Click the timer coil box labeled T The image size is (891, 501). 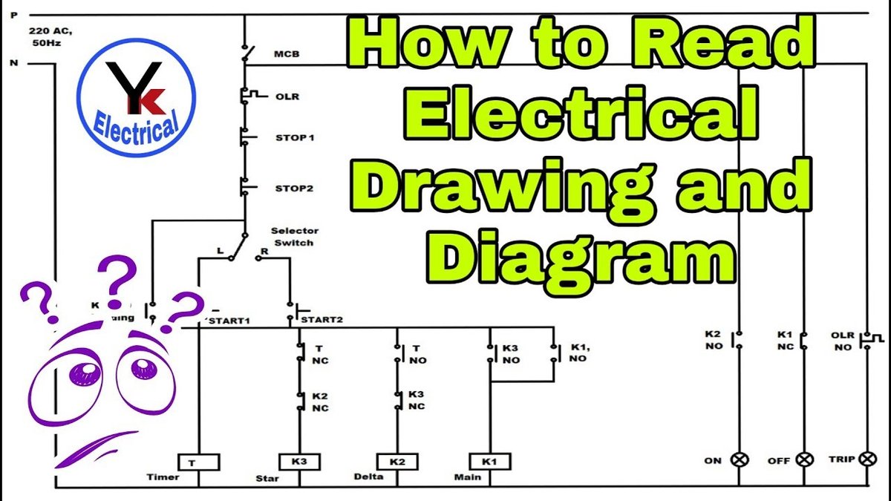(x=198, y=462)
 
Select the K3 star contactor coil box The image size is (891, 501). (x=299, y=462)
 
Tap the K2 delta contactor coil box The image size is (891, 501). (x=397, y=462)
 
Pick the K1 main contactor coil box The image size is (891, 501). (x=489, y=462)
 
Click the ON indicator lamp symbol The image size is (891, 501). (x=740, y=459)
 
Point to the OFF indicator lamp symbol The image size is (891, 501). (x=804, y=459)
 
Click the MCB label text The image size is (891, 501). (x=287, y=54)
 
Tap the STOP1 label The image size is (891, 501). (x=291, y=137)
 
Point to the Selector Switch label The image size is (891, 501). (x=294, y=237)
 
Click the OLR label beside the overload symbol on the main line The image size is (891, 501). (x=286, y=96)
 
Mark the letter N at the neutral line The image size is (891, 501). (x=13, y=63)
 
